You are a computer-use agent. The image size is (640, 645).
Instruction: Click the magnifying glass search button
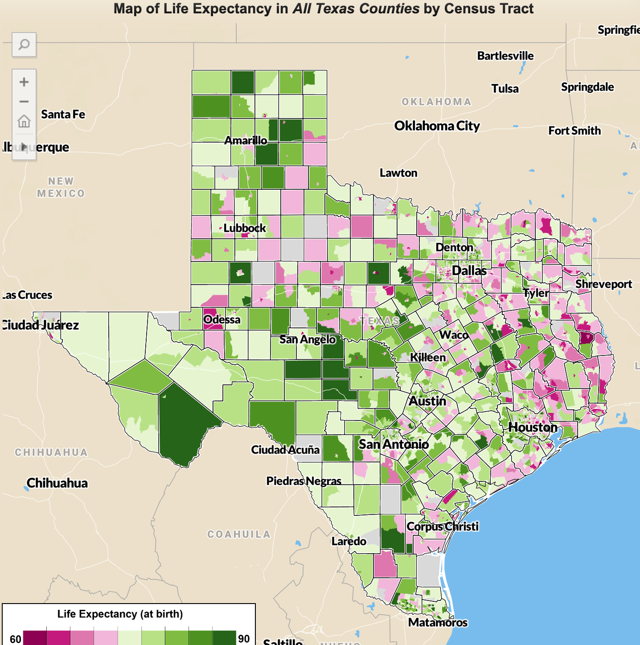click(24, 45)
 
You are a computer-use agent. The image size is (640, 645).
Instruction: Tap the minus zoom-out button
click(24, 102)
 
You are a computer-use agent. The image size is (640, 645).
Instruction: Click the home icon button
click(24, 121)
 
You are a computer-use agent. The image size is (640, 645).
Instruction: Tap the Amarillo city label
click(246, 140)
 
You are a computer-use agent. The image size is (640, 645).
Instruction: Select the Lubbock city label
click(244, 228)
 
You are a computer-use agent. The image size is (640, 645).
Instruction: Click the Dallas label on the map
click(469, 270)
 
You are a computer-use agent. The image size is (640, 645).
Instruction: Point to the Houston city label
click(533, 427)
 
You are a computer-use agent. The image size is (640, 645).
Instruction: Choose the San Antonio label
click(394, 444)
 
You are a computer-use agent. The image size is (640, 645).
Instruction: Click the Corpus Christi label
click(442, 526)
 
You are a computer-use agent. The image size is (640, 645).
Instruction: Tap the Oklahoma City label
click(437, 126)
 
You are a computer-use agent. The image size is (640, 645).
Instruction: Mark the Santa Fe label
click(63, 114)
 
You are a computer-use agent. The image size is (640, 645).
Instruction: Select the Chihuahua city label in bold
click(57, 483)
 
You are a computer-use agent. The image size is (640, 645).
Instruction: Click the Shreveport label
click(603, 284)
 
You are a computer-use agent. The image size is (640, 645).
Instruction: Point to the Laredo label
click(349, 541)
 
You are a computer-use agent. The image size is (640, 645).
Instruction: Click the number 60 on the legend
click(15, 639)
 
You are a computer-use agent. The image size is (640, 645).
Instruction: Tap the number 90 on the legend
click(244, 638)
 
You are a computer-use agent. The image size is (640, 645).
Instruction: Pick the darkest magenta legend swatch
click(35, 638)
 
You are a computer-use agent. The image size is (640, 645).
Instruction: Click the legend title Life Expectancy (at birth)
click(120, 614)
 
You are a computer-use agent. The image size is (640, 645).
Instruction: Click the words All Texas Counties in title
click(356, 8)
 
